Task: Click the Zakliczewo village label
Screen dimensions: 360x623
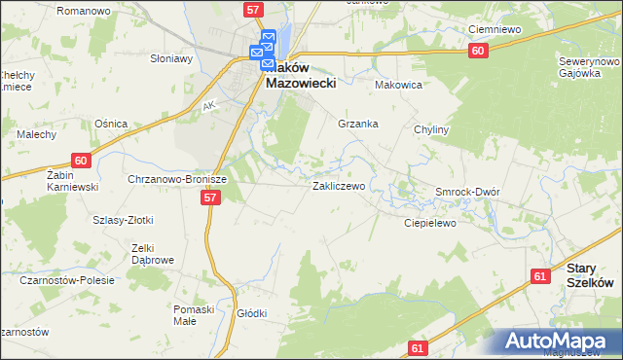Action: coord(338,185)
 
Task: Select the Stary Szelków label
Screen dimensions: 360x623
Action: coord(590,274)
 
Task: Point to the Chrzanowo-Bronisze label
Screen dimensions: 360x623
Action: coord(177,180)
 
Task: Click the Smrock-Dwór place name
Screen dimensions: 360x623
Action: coord(467,192)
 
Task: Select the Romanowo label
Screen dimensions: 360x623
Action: coord(83,10)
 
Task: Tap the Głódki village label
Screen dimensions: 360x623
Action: coord(251,313)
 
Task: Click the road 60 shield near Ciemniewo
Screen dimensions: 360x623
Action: coord(476,51)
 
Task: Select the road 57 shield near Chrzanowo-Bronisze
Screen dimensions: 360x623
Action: coord(210,197)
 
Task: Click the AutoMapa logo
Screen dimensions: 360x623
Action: coord(559,341)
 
